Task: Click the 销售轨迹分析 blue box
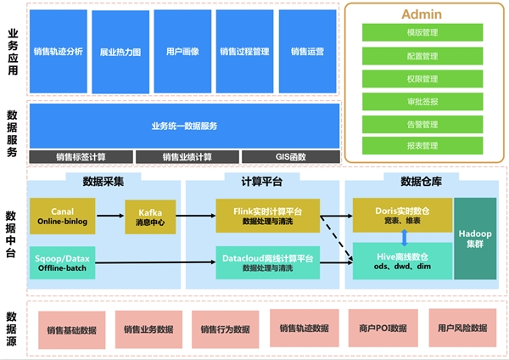pos(59,51)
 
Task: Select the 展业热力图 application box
pos(120,51)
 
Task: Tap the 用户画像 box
pos(182,51)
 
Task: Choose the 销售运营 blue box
pos(306,51)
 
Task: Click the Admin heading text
pos(422,14)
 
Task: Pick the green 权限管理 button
pos(422,79)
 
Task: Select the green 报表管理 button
pos(422,146)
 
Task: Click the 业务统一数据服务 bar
pos(184,126)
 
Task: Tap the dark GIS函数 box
pos(290,157)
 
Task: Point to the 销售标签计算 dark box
pos(81,157)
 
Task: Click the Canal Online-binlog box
pos(62,215)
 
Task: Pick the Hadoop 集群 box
pos(475,239)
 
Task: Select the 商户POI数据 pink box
pos(382,329)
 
